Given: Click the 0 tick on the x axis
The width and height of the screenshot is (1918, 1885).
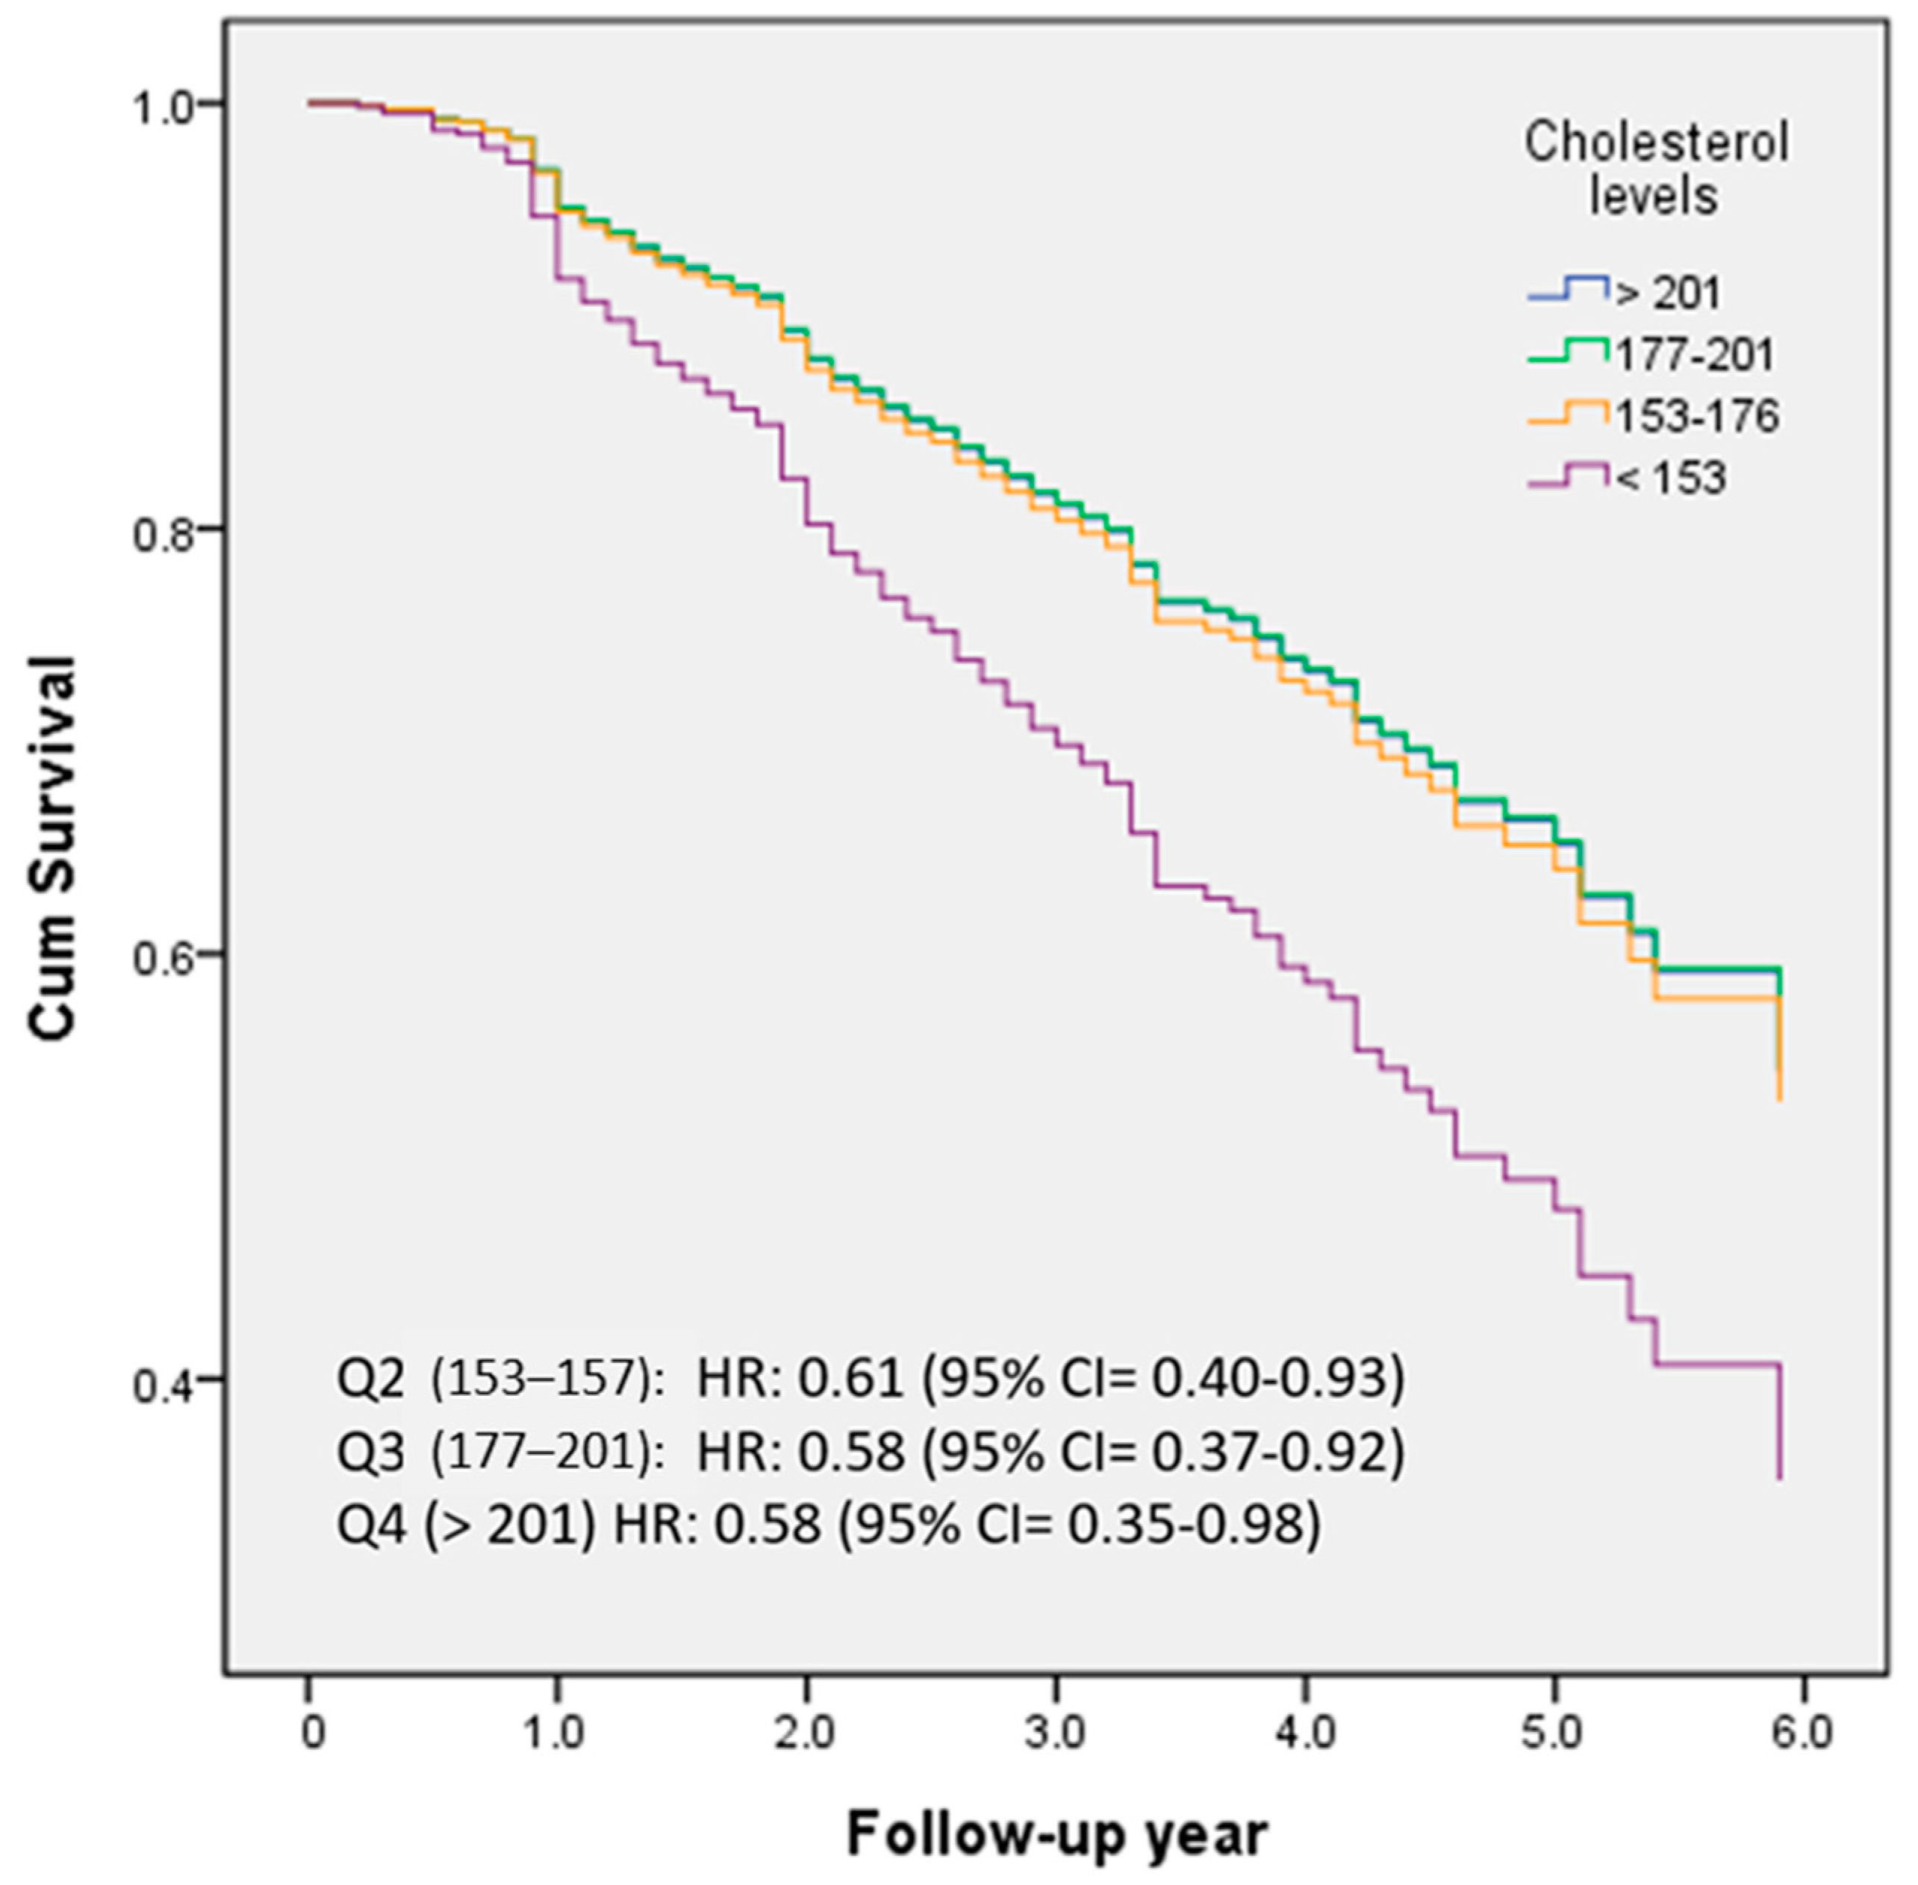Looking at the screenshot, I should (311, 1733).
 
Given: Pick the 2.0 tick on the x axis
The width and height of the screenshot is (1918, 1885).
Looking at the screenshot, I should (806, 1733).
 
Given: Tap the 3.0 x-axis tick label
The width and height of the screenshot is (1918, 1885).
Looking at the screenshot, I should (1055, 1733).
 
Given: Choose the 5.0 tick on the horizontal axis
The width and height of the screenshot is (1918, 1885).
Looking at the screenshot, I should (1553, 1733).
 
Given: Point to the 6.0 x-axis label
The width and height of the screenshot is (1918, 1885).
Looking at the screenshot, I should (1802, 1733).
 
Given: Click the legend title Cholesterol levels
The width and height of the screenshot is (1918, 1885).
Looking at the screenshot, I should (1654, 168).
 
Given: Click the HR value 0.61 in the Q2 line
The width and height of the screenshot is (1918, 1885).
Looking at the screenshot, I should (851, 1378).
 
